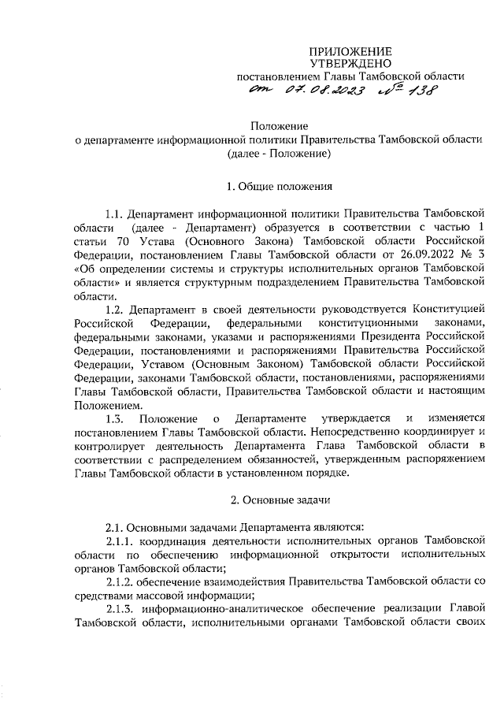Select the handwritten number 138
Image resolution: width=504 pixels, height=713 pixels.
tap(417, 92)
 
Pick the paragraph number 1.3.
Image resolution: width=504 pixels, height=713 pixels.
tap(116, 415)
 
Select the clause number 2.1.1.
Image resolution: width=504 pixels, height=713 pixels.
tap(120, 540)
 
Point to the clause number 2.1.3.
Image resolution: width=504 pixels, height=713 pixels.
tap(120, 609)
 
